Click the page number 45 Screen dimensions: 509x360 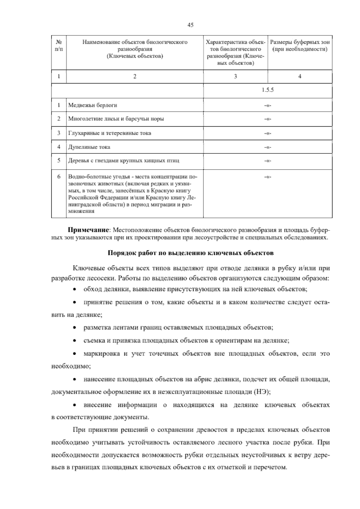coord(190,25)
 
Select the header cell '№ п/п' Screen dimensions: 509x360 coord(59,45)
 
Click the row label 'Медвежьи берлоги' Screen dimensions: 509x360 coord(93,105)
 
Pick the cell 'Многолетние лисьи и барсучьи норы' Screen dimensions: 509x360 coord(116,119)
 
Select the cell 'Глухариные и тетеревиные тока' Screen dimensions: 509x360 coord(109,133)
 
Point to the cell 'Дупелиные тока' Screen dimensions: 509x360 coord(89,147)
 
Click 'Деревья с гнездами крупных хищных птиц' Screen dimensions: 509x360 coord(124,161)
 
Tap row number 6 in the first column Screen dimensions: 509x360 coord(59,176)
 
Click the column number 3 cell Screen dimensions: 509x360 coord(235,77)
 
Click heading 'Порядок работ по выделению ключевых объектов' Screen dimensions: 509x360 coord(190,253)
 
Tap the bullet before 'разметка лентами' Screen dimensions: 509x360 coord(74,328)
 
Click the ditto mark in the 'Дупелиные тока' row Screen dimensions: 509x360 coord(268,147)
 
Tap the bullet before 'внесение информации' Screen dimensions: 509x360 coord(74,405)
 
